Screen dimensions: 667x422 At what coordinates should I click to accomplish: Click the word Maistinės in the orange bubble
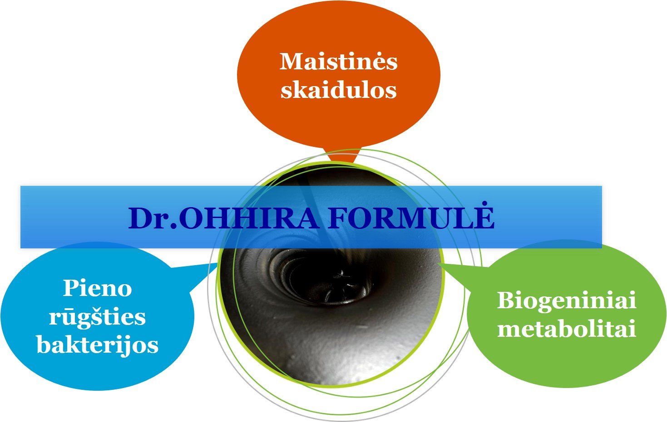tap(339, 62)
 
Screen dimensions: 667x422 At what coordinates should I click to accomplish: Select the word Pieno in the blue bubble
tap(97, 288)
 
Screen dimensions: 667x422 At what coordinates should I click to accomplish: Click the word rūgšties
tap(97, 318)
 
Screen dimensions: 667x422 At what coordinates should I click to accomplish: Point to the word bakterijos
tap(97, 345)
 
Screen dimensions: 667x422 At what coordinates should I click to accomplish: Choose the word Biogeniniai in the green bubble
tap(567, 301)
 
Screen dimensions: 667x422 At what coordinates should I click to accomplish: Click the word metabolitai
tap(567, 329)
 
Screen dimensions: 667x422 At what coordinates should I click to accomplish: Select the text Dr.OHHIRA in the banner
tap(224, 218)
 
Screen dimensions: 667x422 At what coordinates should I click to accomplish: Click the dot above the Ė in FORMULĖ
tap(485, 203)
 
